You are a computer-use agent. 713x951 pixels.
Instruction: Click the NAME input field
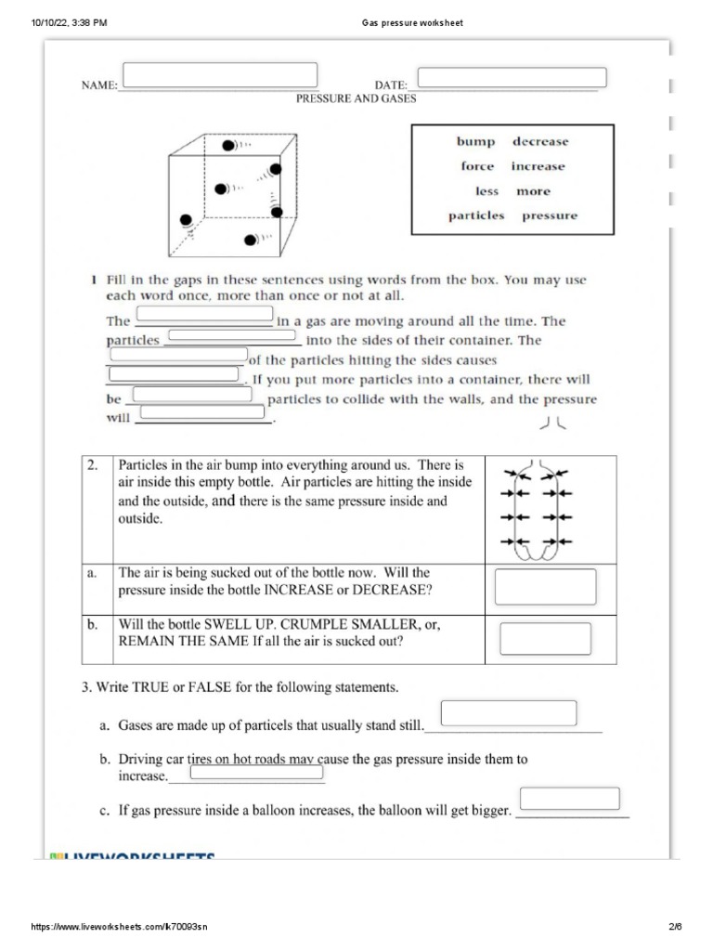pyautogui.click(x=220, y=74)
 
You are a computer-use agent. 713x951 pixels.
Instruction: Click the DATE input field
pyautogui.click(x=512, y=77)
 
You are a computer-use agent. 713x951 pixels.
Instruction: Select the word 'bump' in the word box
pyautogui.click(x=475, y=142)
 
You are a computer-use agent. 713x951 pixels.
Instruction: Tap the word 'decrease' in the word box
pyautogui.click(x=539, y=142)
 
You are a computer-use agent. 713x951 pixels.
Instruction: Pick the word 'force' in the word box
pyautogui.click(x=477, y=167)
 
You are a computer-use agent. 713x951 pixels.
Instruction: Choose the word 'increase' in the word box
pyautogui.click(x=538, y=167)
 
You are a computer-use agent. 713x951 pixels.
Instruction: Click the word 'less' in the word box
pyautogui.click(x=486, y=191)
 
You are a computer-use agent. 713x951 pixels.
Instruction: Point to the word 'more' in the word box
pyautogui.click(x=533, y=191)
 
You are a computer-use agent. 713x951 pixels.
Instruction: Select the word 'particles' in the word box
pyautogui.click(x=476, y=215)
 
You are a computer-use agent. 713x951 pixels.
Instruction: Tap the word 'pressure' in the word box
pyautogui.click(x=549, y=215)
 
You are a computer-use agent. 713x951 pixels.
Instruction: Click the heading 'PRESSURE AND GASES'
pyautogui.click(x=356, y=98)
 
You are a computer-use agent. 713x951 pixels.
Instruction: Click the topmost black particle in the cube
pyautogui.click(x=227, y=146)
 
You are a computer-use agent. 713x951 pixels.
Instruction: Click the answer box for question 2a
pyautogui.click(x=545, y=587)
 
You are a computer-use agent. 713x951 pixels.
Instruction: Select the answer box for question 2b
pyautogui.click(x=545, y=639)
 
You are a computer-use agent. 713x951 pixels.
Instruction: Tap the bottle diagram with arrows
pyautogui.click(x=538, y=510)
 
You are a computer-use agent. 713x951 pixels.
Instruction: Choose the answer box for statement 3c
pyautogui.click(x=569, y=799)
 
